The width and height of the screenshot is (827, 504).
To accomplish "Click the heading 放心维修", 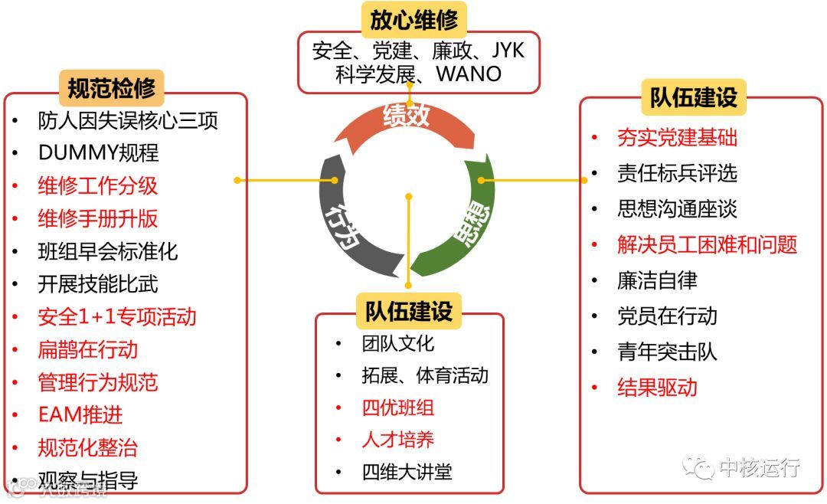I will pyautogui.click(x=414, y=20).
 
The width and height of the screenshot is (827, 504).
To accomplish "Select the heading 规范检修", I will pyautogui.click(x=111, y=89).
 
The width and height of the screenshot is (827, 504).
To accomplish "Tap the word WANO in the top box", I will pyautogui.click(x=469, y=74).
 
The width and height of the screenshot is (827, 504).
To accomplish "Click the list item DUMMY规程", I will pyautogui.click(x=98, y=153).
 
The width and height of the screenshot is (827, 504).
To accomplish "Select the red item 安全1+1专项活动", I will pyautogui.click(x=116, y=317).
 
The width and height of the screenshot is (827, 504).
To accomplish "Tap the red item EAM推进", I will pyautogui.click(x=80, y=415).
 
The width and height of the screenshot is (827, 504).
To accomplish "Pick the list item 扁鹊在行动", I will pyautogui.click(x=87, y=350).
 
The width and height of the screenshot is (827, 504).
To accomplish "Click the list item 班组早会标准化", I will pyautogui.click(x=107, y=251).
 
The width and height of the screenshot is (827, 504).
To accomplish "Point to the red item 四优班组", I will pyautogui.click(x=397, y=407).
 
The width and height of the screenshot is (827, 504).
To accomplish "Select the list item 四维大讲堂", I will pyautogui.click(x=407, y=472).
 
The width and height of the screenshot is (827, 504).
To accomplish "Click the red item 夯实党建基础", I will pyautogui.click(x=677, y=138).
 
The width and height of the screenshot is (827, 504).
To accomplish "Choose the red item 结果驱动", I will pyautogui.click(x=657, y=388).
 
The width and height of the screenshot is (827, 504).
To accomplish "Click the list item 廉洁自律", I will pyautogui.click(x=657, y=280).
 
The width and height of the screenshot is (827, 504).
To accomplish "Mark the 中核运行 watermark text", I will pyautogui.click(x=758, y=467).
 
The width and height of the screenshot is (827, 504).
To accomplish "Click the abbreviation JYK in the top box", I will pyautogui.click(x=507, y=51).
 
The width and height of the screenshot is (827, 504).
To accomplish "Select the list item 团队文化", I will pyautogui.click(x=397, y=343).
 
